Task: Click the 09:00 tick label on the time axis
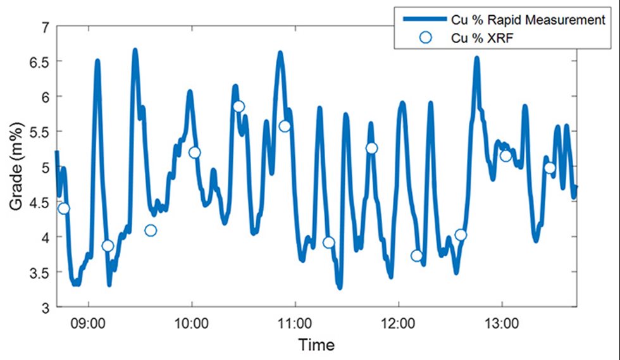pyautogui.click(x=89, y=322)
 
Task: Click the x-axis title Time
pyautogui.click(x=316, y=345)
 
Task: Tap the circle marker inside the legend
pyautogui.click(x=425, y=38)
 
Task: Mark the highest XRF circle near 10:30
pyautogui.click(x=239, y=106)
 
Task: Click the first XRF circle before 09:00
pyautogui.click(x=64, y=208)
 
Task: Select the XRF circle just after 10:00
pyautogui.click(x=194, y=152)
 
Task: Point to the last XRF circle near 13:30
pyautogui.click(x=550, y=168)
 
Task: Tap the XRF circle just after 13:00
pyautogui.click(x=505, y=156)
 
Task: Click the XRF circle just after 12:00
pyautogui.click(x=416, y=256)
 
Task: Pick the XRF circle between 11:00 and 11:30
pyautogui.click(x=328, y=242)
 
